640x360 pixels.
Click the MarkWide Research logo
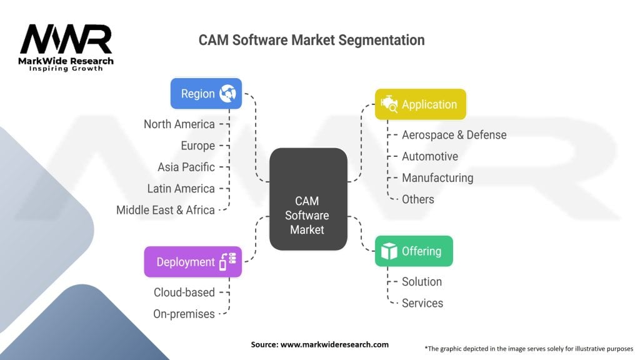[66, 47]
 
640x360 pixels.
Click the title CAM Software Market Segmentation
[311, 40]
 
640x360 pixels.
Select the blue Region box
[206, 94]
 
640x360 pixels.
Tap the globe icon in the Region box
[227, 94]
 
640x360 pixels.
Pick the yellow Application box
[421, 104]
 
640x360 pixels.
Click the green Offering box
[414, 251]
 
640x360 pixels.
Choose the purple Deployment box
[193, 262]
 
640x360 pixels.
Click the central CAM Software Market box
[308, 199]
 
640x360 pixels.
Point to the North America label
[179, 124]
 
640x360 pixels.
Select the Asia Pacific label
[186, 167]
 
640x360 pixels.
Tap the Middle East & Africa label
[165, 210]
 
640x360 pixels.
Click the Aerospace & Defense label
[454, 135]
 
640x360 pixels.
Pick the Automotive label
[430, 156]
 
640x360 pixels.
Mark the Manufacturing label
[437, 178]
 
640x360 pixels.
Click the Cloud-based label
[184, 292]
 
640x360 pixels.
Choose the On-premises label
[184, 314]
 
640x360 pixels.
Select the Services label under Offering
[422, 303]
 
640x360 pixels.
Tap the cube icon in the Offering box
[389, 251]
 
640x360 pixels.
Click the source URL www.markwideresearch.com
[334, 344]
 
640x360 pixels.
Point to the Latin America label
[181, 189]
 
